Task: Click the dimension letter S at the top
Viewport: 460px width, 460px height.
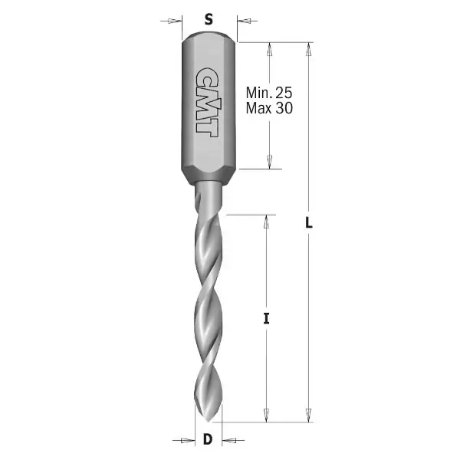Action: tap(209, 21)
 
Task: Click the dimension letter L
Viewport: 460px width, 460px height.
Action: tap(309, 225)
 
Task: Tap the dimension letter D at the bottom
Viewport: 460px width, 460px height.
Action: tap(208, 440)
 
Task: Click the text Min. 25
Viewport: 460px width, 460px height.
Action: tap(269, 93)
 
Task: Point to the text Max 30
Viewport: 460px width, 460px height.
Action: tap(269, 108)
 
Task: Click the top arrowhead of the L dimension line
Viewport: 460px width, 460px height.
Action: tap(309, 48)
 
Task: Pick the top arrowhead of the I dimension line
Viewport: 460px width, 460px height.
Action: tap(266, 222)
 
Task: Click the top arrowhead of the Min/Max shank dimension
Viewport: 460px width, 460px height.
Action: tap(269, 48)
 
